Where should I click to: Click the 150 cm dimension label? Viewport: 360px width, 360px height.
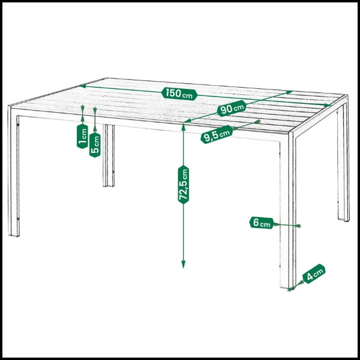coord(179,94)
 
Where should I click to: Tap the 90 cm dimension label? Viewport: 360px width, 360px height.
coord(232,108)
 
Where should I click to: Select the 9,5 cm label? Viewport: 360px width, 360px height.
coord(217,134)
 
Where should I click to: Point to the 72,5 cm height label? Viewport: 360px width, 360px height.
coord(183,184)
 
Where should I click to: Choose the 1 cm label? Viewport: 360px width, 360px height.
coord(82,136)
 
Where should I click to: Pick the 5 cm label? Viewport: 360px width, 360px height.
coord(95,145)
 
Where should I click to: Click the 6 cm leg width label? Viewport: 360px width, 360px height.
coord(262,223)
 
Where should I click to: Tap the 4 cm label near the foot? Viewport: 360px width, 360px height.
coord(314,274)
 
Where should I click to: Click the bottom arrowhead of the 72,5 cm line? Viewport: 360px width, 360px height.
coord(183,265)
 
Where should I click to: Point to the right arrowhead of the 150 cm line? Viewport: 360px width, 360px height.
coord(328,105)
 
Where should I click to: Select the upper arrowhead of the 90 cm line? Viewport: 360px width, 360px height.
coord(290,92)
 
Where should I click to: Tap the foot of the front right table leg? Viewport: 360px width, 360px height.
coord(287,287)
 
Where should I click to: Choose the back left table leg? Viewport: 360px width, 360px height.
coord(109,155)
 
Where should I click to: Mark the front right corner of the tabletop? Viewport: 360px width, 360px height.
coord(290,133)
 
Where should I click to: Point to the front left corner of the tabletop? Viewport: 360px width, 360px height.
coord(9,106)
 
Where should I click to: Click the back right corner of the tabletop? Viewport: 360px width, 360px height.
coord(347,95)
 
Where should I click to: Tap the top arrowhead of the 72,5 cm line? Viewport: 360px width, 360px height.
coord(183,126)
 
